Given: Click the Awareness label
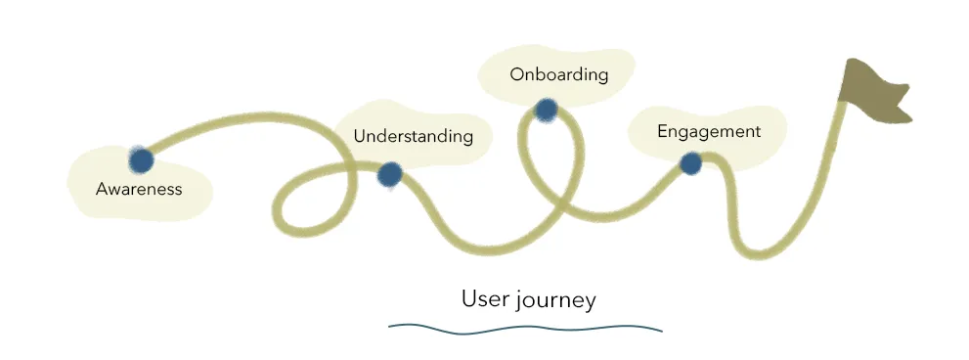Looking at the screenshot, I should [139, 189].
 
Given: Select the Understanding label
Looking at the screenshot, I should [413, 136].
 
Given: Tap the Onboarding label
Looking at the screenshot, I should [558, 74].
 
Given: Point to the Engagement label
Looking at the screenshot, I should [708, 131].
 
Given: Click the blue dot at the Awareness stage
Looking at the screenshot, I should [141, 159].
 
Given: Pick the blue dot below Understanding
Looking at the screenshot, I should [389, 174].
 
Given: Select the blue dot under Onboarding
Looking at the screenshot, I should [546, 110].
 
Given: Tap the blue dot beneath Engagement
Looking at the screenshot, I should [690, 163].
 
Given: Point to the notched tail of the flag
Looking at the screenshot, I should [903, 103].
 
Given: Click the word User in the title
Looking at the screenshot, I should [483, 298].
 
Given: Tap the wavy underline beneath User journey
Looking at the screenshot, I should [525, 329].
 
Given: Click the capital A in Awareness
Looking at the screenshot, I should [101, 189].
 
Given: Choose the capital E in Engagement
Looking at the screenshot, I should [663, 131].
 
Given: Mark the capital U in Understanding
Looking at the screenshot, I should [359, 136].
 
